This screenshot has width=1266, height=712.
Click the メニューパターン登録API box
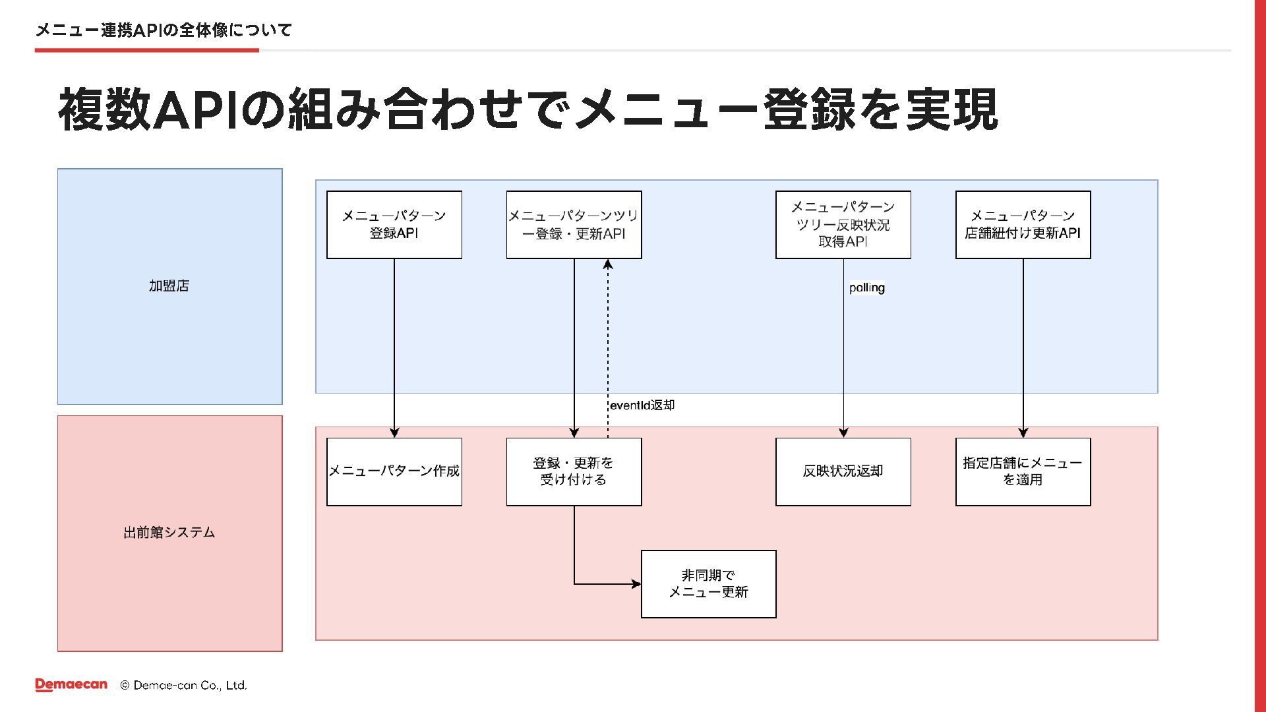[x=394, y=225]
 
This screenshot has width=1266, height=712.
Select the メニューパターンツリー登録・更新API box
[x=574, y=225]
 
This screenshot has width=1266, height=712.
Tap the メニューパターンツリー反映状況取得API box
[x=843, y=225]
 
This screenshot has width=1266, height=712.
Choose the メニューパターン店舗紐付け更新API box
[x=1023, y=225]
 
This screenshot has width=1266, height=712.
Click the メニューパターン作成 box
[x=394, y=472]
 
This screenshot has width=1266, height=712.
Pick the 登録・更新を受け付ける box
[x=574, y=472]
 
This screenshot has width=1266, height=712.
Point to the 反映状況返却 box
[x=843, y=472]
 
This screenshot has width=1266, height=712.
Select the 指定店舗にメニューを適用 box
[x=1023, y=472]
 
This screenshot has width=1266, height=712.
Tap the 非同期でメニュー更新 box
[x=709, y=584]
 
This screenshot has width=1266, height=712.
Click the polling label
[x=867, y=287]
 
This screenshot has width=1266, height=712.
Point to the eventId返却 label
[x=642, y=405]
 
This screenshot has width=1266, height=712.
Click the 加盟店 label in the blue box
[x=169, y=285]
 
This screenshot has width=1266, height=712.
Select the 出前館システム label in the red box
[x=169, y=532]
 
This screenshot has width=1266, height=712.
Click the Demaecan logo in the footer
[x=71, y=685]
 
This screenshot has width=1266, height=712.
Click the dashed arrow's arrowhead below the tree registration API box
[x=608, y=264]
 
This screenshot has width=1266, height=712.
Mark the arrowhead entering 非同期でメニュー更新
[x=636, y=584]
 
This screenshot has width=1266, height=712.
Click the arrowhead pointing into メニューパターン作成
[x=394, y=432]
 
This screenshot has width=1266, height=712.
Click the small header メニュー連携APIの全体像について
[x=164, y=30]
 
